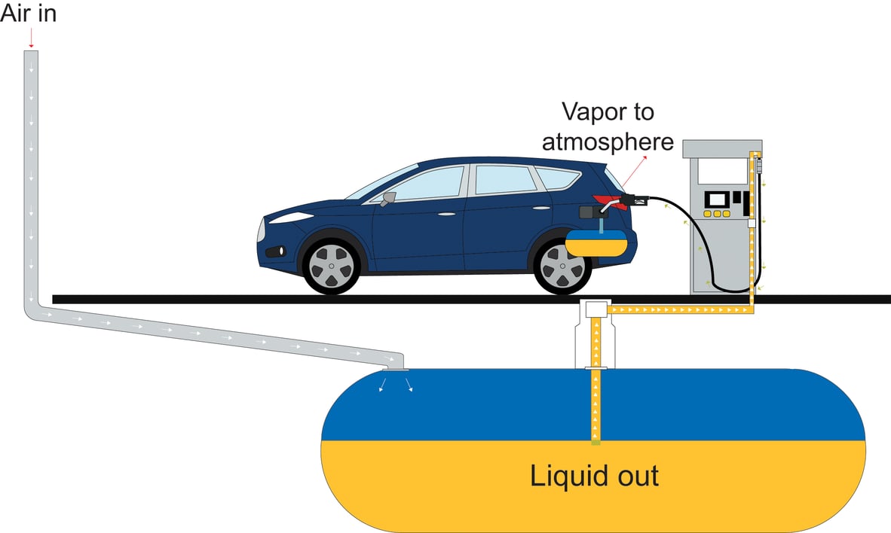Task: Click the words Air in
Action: (x=28, y=14)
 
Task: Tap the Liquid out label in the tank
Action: (x=594, y=477)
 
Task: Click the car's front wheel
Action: (x=331, y=265)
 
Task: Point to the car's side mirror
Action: (x=389, y=199)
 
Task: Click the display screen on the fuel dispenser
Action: (x=717, y=199)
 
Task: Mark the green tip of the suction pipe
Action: (x=596, y=442)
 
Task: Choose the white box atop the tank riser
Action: (x=596, y=308)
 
